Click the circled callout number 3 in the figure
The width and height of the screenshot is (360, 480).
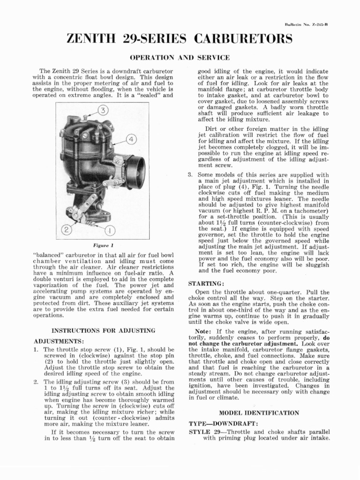click(103, 111)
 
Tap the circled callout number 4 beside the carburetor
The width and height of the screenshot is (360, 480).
click(131, 139)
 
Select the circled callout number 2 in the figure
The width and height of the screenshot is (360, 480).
click(67, 230)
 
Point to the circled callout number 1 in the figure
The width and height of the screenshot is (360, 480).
click(110, 231)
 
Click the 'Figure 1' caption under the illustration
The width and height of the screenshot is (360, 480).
click(103, 245)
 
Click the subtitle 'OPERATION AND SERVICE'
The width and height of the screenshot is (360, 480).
click(180, 58)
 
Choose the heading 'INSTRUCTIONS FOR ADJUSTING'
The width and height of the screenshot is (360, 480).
click(103, 330)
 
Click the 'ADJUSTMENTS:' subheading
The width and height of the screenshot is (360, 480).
click(59, 341)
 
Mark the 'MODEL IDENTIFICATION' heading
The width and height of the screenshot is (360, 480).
click(259, 413)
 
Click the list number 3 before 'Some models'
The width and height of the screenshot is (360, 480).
click(190, 175)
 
